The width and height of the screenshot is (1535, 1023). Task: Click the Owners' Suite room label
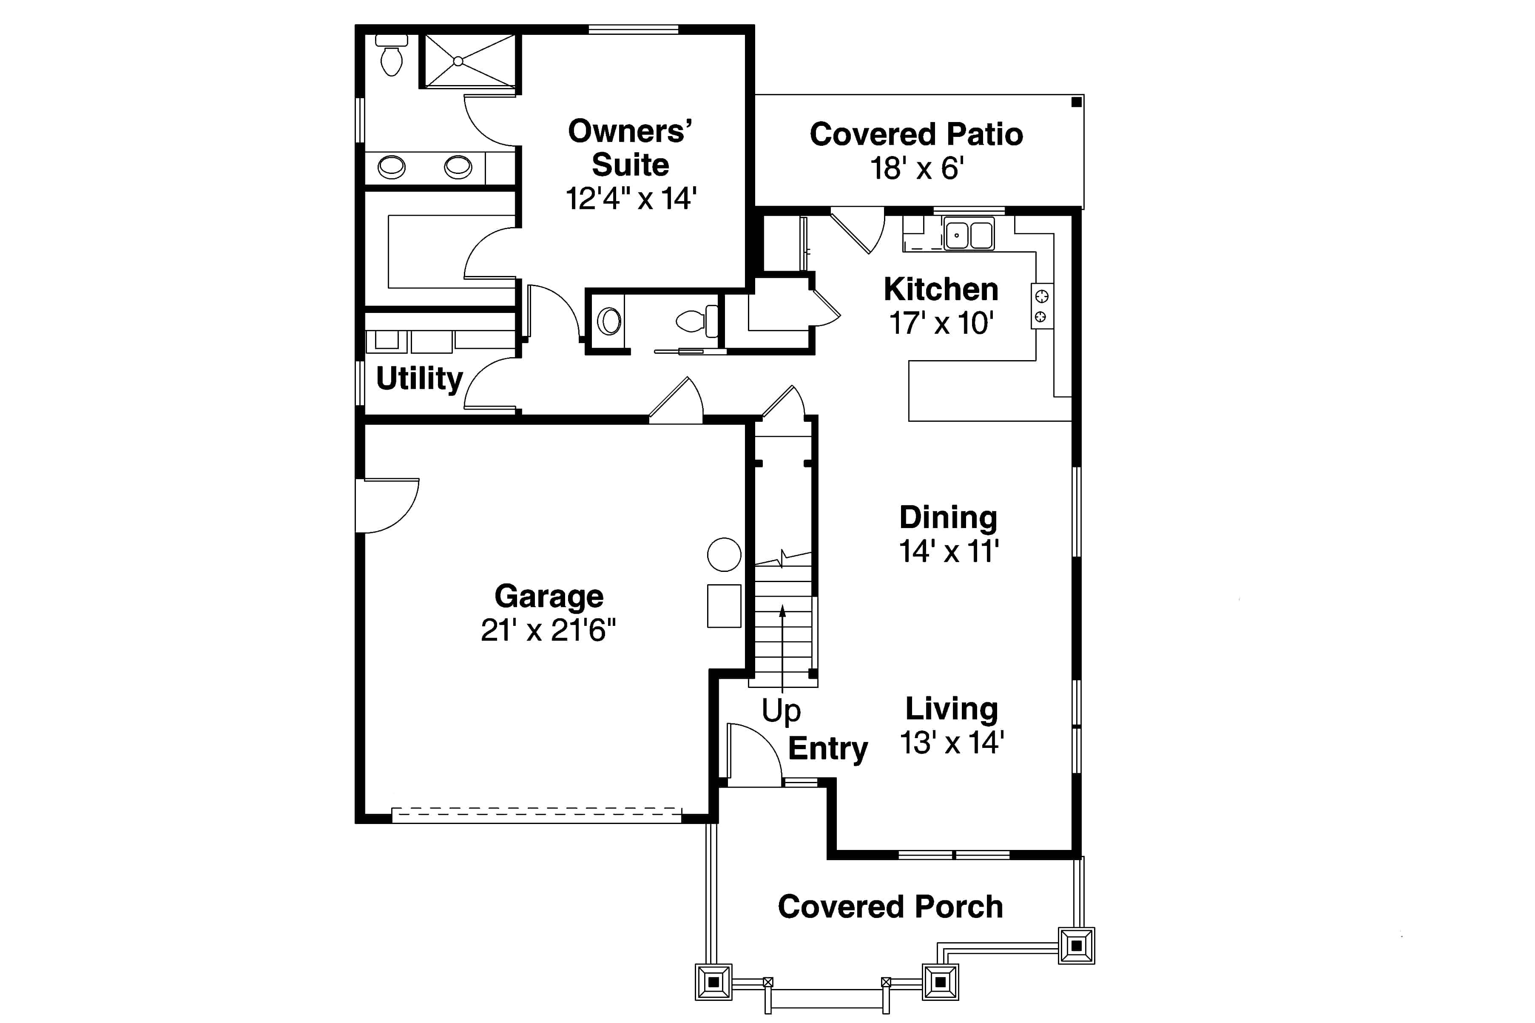point(630,148)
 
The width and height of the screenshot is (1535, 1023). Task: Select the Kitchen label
point(940,290)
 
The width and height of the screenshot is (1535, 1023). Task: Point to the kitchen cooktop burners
point(1041,306)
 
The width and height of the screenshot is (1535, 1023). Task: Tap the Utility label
point(419,378)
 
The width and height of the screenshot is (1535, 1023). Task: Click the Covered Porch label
point(890,907)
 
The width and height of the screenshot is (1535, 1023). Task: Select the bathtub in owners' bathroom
point(450,252)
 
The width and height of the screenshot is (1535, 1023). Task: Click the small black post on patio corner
point(1076,102)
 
